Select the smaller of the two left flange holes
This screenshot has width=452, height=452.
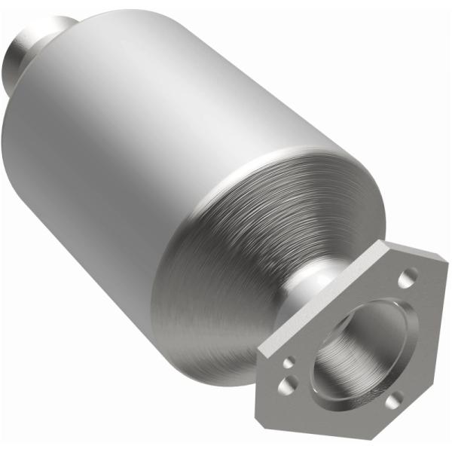(288, 363)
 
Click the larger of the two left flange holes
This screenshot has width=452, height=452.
(286, 386)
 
